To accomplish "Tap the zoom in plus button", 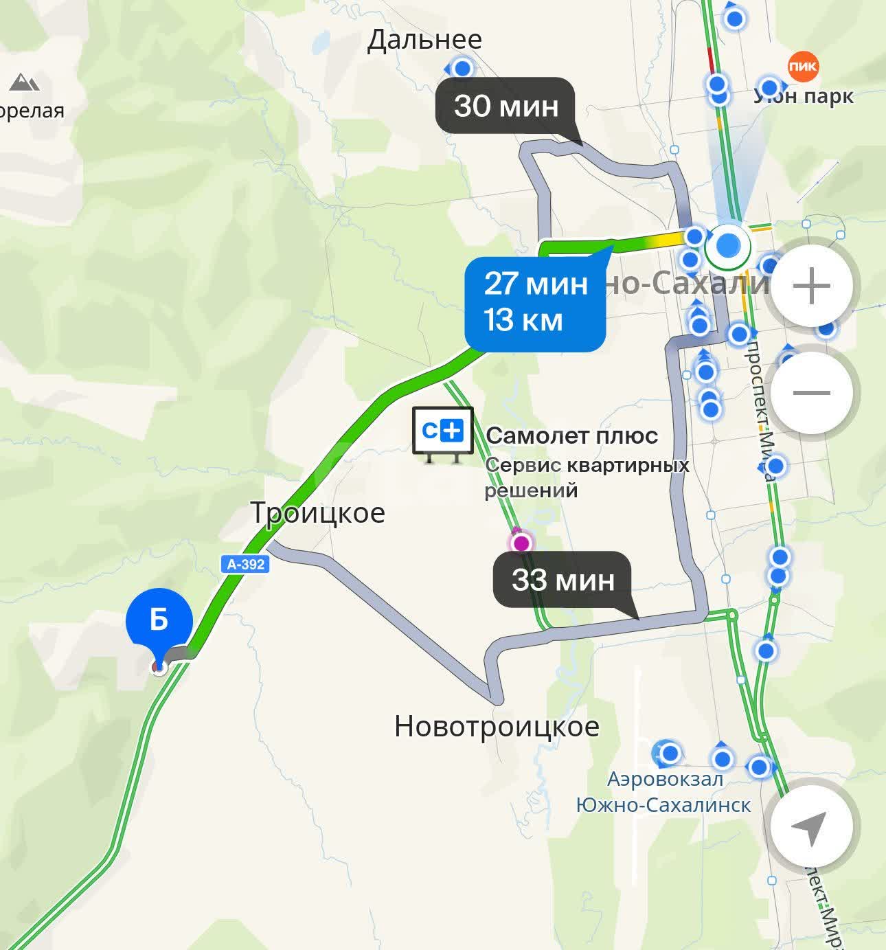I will (812, 286).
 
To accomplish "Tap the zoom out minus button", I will (812, 393).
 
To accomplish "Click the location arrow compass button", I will (810, 827).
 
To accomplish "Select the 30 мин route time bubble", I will (506, 106).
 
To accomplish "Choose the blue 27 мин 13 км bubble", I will (535, 302).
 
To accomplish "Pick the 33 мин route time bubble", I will (563, 580).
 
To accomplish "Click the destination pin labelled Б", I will (159, 620).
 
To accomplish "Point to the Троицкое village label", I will (317, 513).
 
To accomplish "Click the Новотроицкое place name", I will (497, 727).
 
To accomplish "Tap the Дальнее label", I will (424, 40).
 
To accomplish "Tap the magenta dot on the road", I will (521, 543).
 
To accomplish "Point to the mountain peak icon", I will (25, 83).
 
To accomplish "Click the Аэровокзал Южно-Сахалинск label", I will (663, 792).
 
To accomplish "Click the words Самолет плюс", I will (571, 436).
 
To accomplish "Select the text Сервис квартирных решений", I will (587, 477).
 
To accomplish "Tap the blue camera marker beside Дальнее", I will (462, 69).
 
